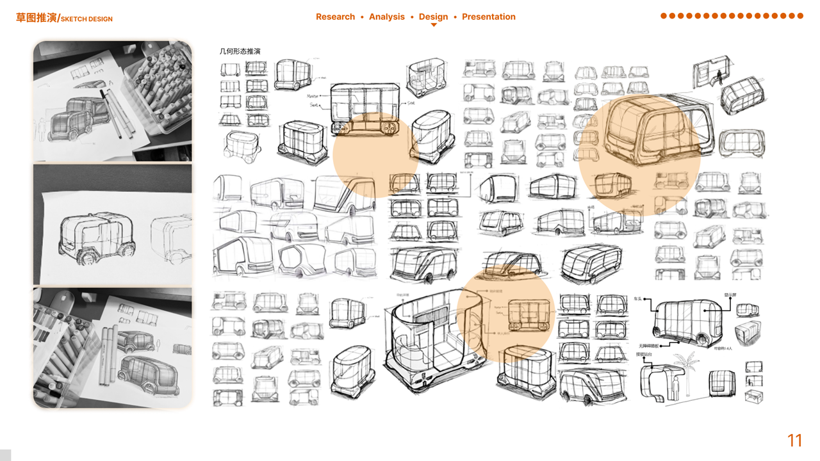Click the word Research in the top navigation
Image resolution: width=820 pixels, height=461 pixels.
[335, 17]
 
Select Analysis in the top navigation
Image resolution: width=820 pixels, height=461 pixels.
[387, 17]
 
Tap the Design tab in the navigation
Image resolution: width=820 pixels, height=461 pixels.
[434, 17]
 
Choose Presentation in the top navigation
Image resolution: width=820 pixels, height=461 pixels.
[489, 17]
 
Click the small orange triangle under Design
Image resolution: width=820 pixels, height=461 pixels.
[434, 25]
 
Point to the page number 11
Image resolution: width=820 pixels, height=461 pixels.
[794, 441]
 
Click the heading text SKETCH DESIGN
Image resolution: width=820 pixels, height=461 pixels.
[86, 19]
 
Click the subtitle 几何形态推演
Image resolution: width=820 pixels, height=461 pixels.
[240, 51]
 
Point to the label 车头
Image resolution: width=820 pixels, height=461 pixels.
[638, 298]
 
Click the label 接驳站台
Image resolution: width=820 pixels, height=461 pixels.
[644, 353]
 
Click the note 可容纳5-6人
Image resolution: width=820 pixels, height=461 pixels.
[724, 348]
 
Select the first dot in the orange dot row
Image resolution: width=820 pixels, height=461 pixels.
[664, 16]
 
